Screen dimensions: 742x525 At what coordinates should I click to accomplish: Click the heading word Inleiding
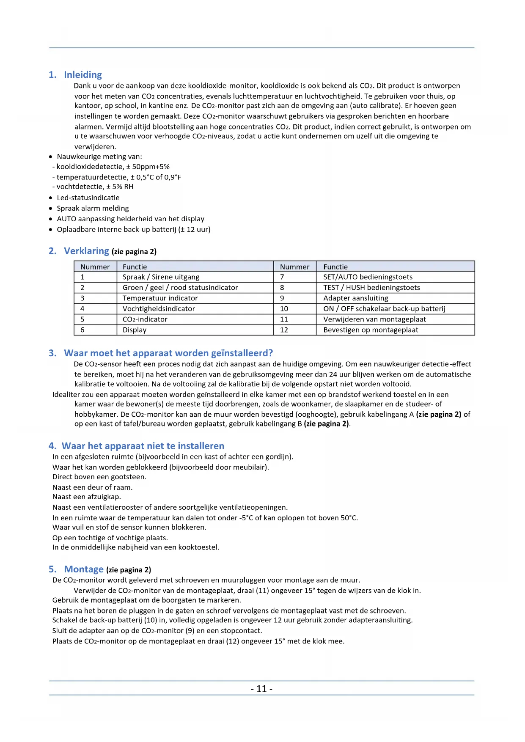(x=83, y=75)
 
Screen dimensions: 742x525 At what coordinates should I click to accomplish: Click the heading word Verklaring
(x=86, y=251)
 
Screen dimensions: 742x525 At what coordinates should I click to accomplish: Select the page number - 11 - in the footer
(x=261, y=689)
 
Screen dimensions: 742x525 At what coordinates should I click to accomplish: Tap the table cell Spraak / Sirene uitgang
(x=161, y=277)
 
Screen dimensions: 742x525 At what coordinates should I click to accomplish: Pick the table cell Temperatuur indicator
(x=160, y=298)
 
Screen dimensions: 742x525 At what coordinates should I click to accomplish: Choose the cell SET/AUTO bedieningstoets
(x=368, y=277)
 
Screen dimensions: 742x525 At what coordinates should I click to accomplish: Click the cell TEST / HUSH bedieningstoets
(x=371, y=288)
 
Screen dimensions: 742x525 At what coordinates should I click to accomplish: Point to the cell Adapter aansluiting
(x=355, y=298)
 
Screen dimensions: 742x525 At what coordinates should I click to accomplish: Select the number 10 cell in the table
(x=284, y=309)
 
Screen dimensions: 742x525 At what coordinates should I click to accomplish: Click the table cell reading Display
(x=135, y=330)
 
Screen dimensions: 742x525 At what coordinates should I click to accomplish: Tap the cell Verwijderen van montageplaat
(x=374, y=319)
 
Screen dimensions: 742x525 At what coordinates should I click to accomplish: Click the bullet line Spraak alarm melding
(x=93, y=209)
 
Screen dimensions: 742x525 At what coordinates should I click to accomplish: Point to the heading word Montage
(x=84, y=569)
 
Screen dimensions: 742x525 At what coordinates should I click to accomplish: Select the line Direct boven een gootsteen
(x=99, y=477)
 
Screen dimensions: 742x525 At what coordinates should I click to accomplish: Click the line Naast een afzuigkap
(x=86, y=497)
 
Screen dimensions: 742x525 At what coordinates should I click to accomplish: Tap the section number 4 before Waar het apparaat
(x=52, y=446)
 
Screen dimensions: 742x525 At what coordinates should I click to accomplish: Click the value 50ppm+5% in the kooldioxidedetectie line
(x=151, y=167)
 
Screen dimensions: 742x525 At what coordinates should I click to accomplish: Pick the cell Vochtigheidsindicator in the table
(x=159, y=309)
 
